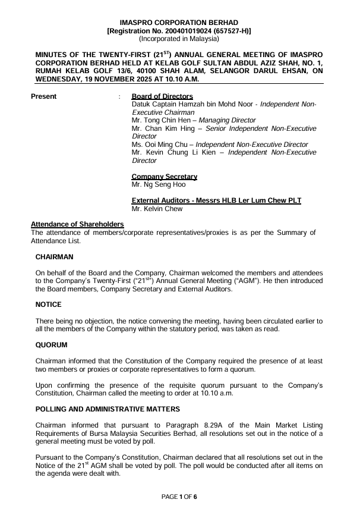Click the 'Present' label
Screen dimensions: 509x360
coord(43,96)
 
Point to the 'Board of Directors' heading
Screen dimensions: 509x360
coord(162,96)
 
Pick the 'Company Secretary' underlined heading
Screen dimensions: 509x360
coord(164,177)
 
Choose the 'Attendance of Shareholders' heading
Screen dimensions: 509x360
coord(77,224)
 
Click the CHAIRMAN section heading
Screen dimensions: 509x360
coord(55,257)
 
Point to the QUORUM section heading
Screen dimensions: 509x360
coord(52,344)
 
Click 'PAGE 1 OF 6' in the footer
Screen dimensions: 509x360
coord(179,496)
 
